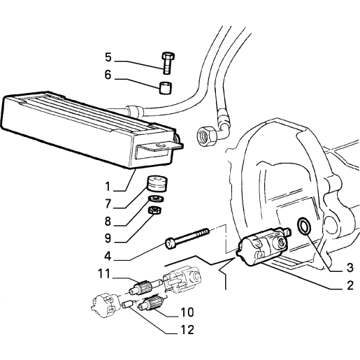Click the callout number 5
point(108,57)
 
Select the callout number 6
point(108,75)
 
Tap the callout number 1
point(108,187)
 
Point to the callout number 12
point(187,330)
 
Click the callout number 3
point(350,268)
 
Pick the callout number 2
point(350,285)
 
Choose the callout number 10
point(187,312)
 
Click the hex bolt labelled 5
point(168,63)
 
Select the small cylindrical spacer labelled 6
point(166,88)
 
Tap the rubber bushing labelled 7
point(157,184)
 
